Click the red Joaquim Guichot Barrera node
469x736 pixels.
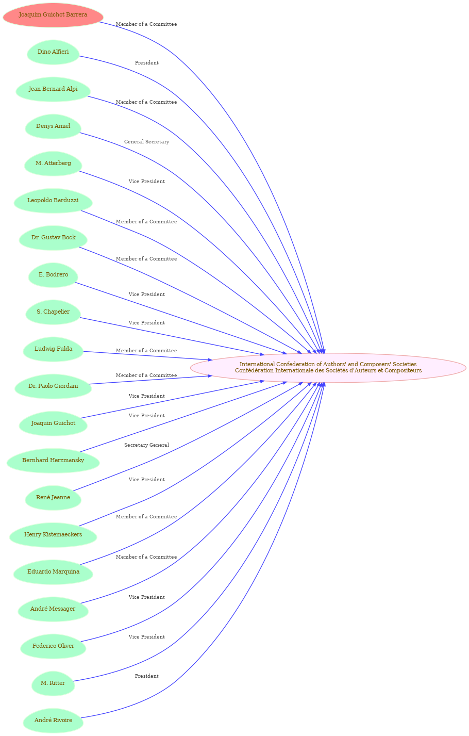tap(53, 15)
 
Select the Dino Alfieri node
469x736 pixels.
tap(53, 52)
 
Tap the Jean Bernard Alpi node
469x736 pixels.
tap(53, 89)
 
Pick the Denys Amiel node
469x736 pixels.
tap(53, 126)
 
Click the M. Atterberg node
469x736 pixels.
tap(53, 163)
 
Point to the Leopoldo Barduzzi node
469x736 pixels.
tap(53, 201)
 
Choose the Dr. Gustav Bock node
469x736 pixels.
tap(53, 238)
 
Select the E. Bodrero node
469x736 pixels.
tap(53, 275)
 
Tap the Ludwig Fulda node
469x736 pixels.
tap(53, 349)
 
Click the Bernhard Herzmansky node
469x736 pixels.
tap(53, 461)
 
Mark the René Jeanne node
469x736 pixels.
tap(53, 497)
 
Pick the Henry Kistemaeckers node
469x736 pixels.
tap(53, 534)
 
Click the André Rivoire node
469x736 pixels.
tap(53, 720)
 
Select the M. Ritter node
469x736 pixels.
tap(53, 683)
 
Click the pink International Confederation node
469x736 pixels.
tap(328, 368)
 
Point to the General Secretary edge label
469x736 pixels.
tap(146, 142)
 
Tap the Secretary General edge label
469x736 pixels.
tap(146, 445)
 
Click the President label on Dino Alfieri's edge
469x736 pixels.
tap(146, 63)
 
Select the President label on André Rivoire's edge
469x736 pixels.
tap(146, 676)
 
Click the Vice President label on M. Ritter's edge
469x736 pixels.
tap(146, 637)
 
